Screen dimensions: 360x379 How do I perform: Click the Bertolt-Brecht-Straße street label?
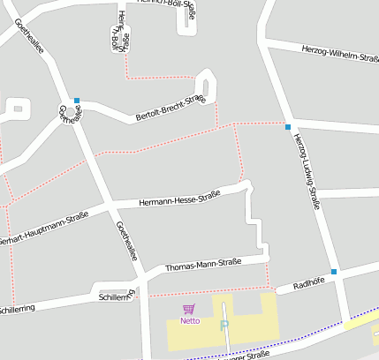[170, 109]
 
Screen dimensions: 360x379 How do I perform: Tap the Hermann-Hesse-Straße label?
[179, 199]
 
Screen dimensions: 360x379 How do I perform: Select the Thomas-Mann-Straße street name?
[203, 265]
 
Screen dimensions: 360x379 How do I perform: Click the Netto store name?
[190, 320]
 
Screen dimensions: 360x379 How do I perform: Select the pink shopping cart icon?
[188, 309]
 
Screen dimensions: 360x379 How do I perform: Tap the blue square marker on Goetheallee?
[77, 100]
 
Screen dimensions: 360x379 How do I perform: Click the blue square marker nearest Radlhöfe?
[334, 271]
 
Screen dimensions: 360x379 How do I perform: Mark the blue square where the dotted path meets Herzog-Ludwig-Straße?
[288, 127]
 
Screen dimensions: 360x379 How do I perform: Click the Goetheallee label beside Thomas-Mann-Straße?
[126, 240]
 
